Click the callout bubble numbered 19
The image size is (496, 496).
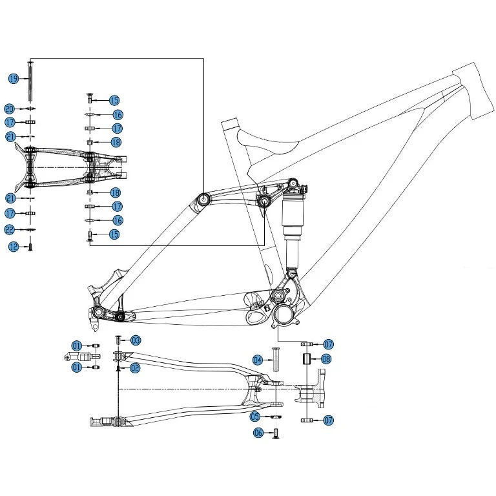pos(13,78)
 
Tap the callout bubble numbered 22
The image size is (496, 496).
pos(10,230)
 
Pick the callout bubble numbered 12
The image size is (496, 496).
pos(13,246)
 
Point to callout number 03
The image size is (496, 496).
pos(136,340)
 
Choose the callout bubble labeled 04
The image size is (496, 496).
pos(257,360)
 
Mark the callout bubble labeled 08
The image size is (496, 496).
pos(326,359)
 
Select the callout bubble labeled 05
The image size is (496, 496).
pos(256,417)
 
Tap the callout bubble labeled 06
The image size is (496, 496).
pos(258,433)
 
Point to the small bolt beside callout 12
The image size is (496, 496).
pos(30,246)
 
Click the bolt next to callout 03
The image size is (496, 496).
pos(118,339)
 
